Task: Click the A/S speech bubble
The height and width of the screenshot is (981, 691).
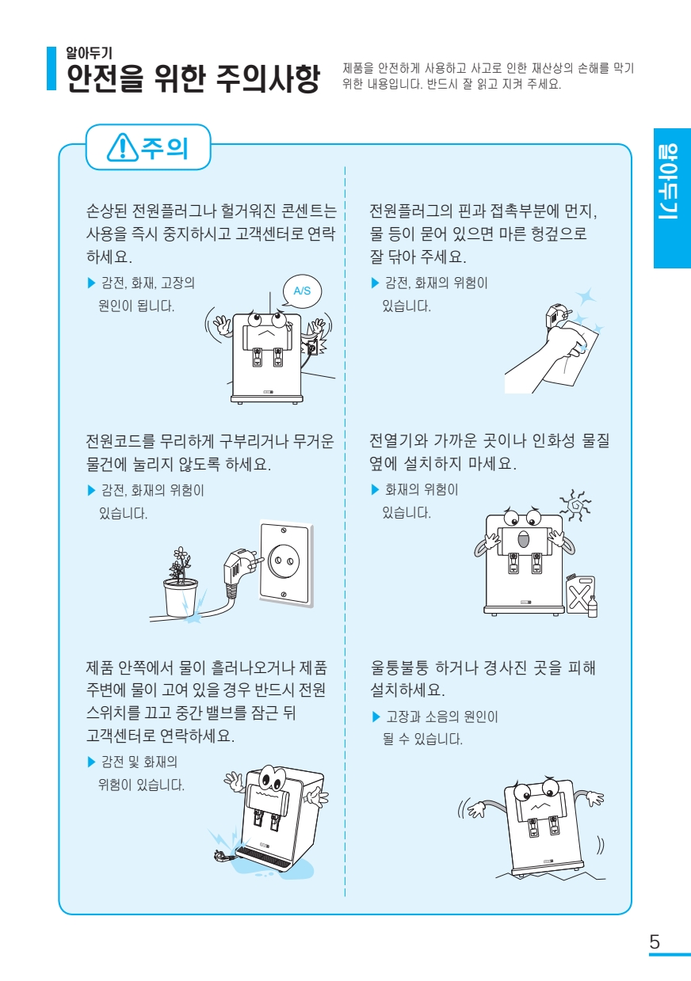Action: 302,291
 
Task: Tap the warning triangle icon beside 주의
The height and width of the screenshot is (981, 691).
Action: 123,147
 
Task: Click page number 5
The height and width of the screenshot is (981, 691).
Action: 655,941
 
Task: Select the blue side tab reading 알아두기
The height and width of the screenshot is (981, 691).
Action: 672,198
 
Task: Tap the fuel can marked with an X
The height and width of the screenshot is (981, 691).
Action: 579,595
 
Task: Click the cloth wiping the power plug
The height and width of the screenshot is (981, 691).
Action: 572,352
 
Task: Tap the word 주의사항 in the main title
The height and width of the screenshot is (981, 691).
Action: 268,79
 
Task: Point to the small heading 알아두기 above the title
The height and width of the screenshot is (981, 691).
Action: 89,53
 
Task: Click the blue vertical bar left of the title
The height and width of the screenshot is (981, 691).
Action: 52,68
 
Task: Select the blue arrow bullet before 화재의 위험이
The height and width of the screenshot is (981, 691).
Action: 375,489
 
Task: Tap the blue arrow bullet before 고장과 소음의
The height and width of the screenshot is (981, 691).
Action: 376,717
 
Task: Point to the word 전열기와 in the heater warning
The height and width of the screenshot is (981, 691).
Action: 398,440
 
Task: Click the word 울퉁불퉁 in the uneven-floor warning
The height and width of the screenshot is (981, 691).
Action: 399,667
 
